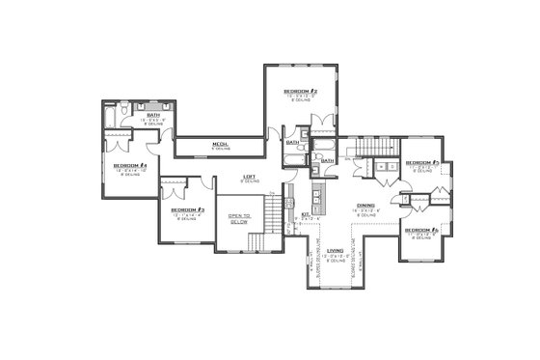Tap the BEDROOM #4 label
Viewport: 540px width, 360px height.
coord(128,166)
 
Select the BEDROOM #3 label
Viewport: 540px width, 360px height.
coord(186,209)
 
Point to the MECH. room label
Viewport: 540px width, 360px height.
coord(220,145)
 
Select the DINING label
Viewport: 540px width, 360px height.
coord(365,205)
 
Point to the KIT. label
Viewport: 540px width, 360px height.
coord(305,214)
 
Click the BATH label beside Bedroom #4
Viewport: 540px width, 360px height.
coord(152,115)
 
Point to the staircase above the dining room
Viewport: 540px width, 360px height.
coord(372,146)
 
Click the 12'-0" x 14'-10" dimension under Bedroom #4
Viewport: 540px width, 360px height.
coord(128,171)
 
